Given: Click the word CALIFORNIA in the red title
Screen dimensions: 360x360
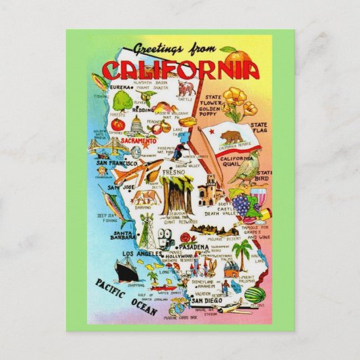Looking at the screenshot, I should point(181,69).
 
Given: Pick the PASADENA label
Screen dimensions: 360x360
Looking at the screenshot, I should point(199,240).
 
